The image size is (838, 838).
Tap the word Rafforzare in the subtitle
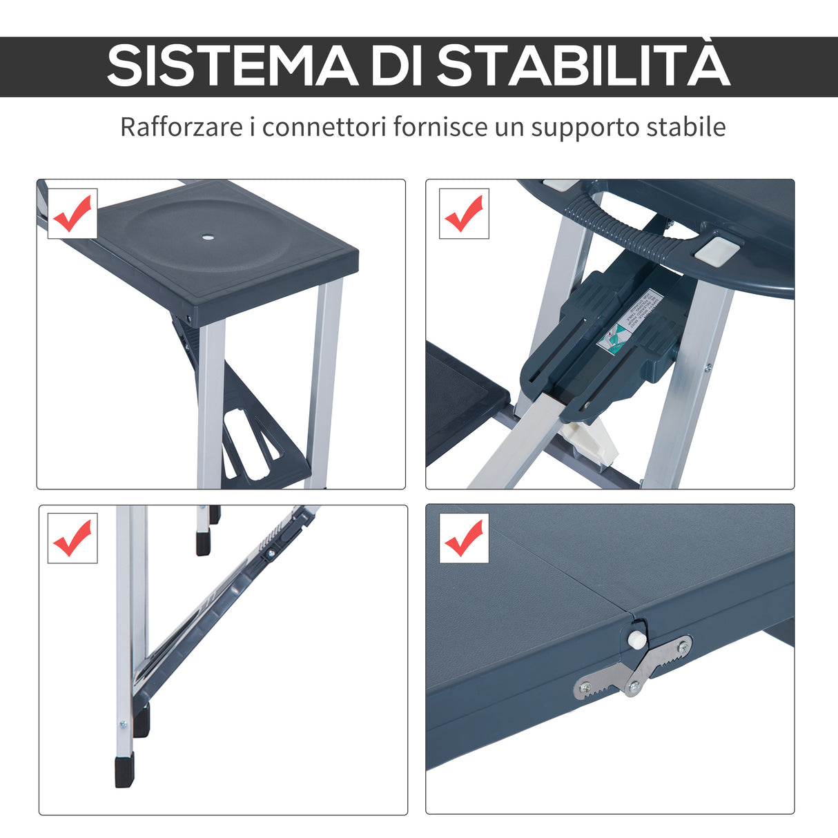click(x=181, y=127)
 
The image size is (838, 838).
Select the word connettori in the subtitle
click(x=323, y=127)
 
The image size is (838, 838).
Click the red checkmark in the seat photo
click(x=72, y=213)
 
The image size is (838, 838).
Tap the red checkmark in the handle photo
click(x=464, y=213)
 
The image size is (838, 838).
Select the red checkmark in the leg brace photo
click(x=72, y=538)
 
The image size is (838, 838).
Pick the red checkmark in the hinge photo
click(x=464, y=538)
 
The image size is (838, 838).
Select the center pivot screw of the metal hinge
click(x=632, y=685)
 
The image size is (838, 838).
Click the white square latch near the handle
click(x=714, y=249)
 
